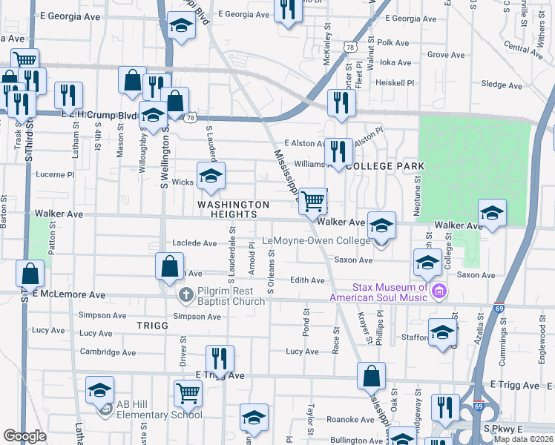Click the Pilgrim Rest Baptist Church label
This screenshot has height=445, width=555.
pyautogui.click(x=231, y=296)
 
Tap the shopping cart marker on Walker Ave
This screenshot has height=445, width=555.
pyautogui.click(x=313, y=200)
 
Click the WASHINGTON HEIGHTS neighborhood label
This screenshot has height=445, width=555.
pyautogui.click(x=233, y=209)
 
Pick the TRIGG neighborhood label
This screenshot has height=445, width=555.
pyautogui.click(x=153, y=326)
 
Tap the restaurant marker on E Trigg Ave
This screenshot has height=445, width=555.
pyautogui.click(x=220, y=359)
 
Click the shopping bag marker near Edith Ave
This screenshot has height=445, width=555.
pyautogui.click(x=170, y=266)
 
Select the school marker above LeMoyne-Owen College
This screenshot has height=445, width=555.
pyautogui.click(x=381, y=225)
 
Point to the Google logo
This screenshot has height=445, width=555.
pyautogui.click(x=24, y=436)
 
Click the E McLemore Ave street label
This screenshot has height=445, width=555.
pyautogui.click(x=68, y=294)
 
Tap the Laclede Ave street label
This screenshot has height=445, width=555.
pyautogui.click(x=194, y=243)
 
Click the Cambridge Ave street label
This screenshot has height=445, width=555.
pyautogui.click(x=108, y=352)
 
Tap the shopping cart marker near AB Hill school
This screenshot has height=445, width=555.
pyautogui.click(x=188, y=393)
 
